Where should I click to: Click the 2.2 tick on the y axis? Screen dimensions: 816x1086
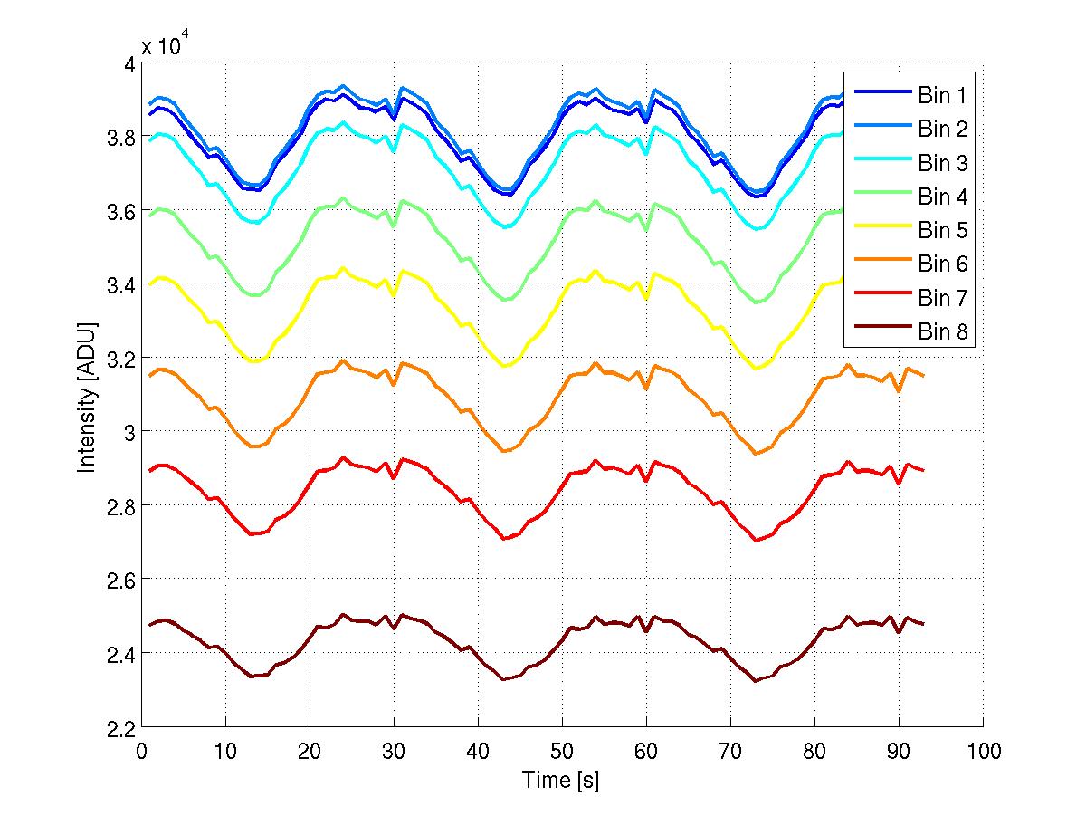119,727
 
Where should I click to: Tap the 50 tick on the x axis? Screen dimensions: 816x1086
562,752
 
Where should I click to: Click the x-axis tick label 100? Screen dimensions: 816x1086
983,752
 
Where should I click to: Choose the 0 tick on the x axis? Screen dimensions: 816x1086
141,752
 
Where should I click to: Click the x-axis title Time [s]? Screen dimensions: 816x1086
561,780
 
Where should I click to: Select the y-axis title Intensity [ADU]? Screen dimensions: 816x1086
88,396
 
